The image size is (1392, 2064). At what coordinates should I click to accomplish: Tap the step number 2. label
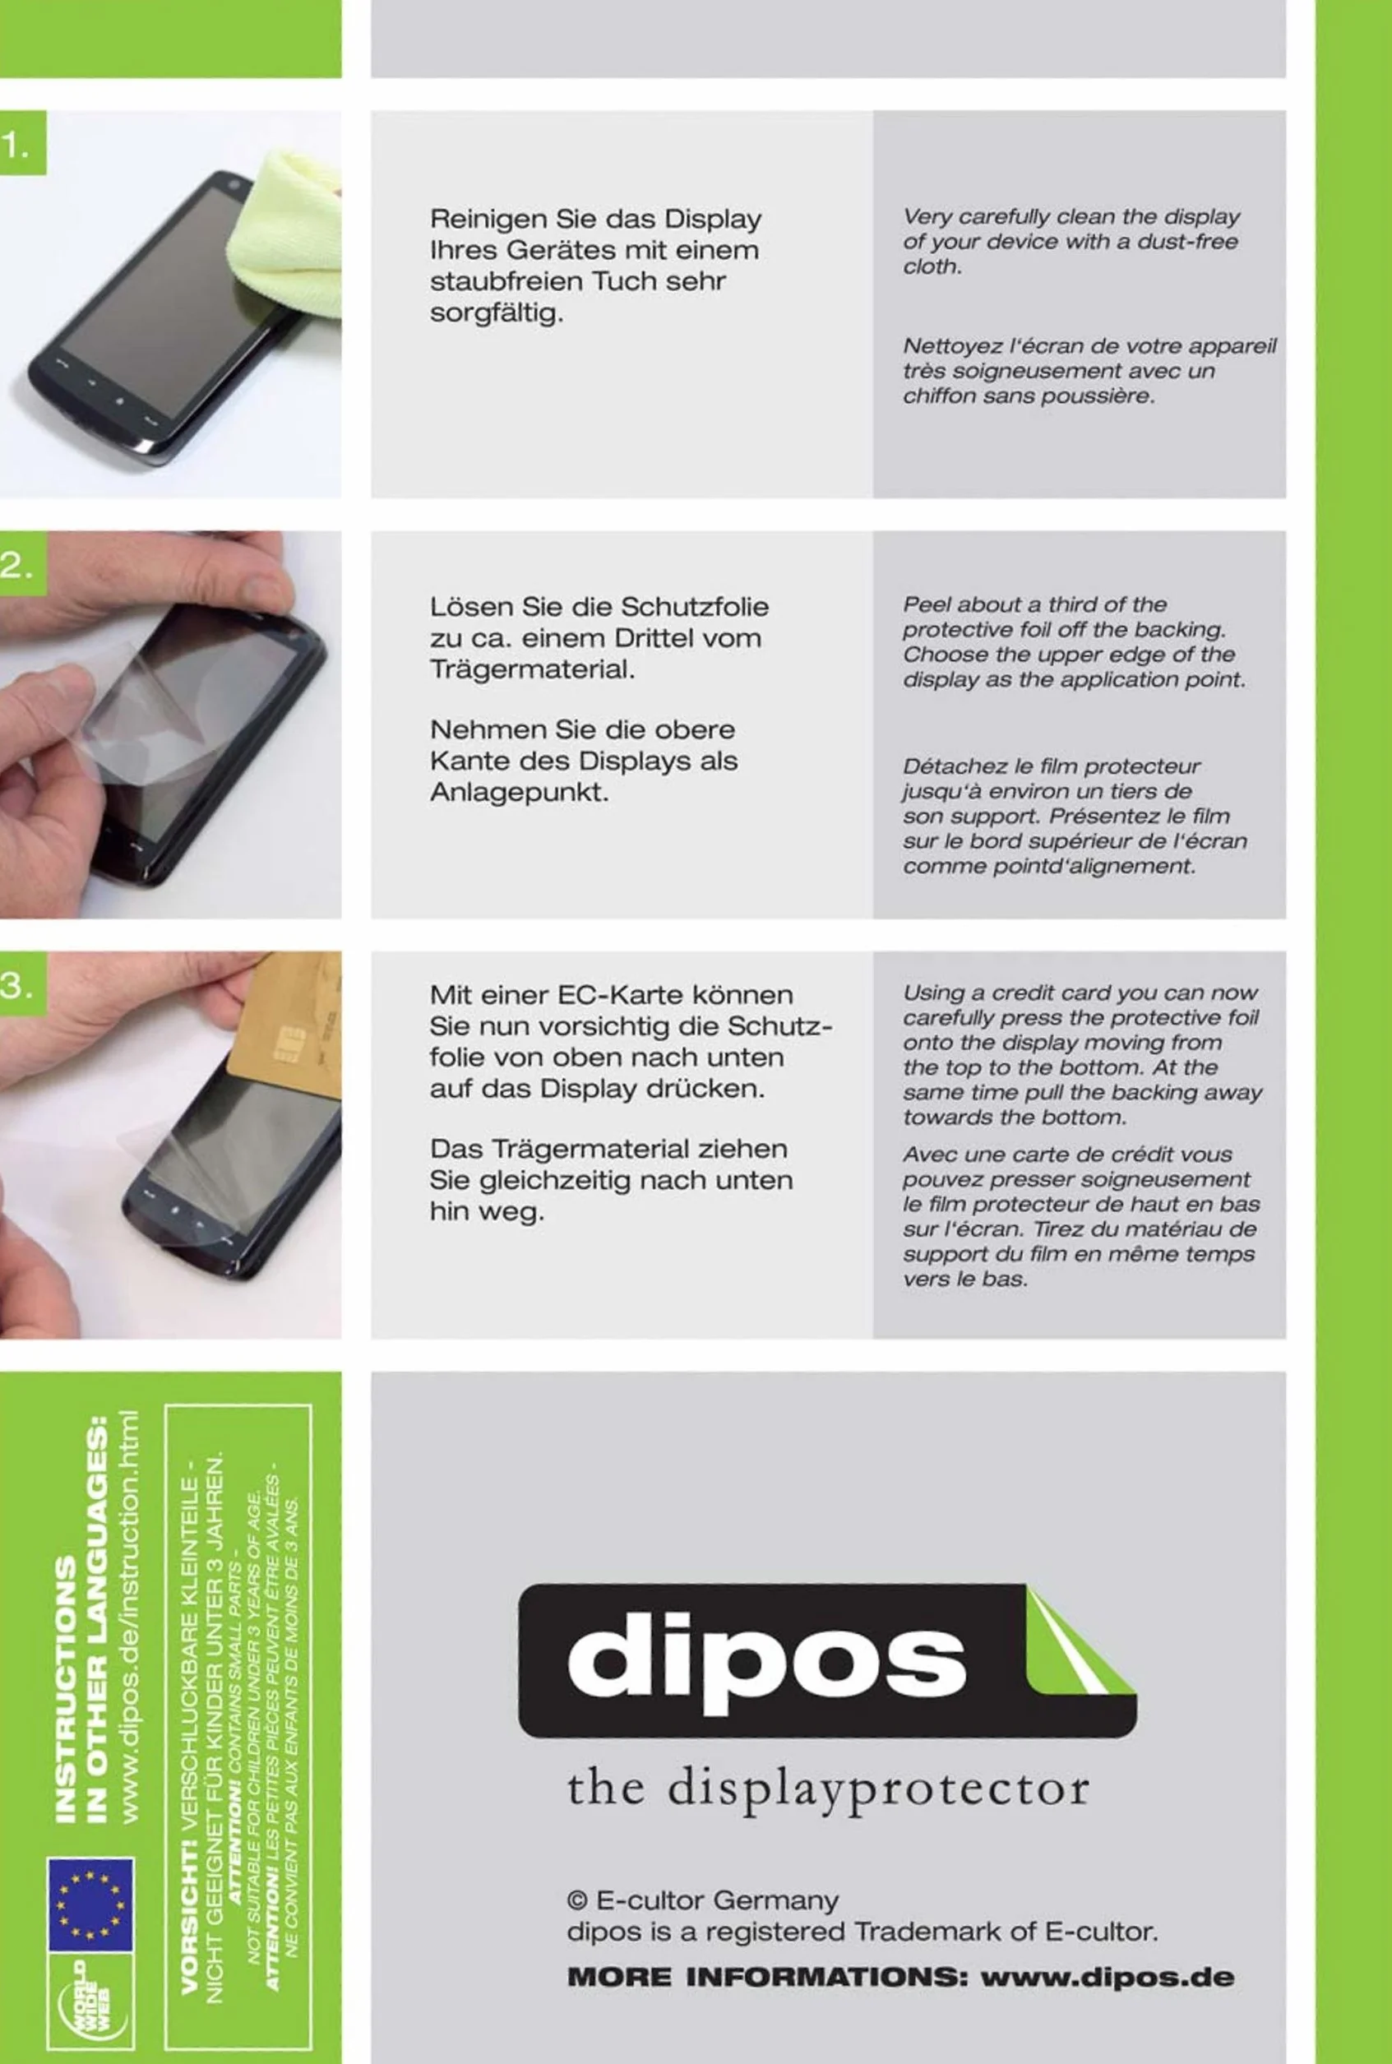[16, 566]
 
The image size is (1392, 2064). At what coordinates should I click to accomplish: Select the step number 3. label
[16, 985]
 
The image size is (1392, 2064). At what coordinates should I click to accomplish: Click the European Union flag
[90, 1904]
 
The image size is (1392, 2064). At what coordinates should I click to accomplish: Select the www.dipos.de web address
[1107, 1978]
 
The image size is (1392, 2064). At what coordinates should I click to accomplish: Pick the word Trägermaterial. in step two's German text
[533, 669]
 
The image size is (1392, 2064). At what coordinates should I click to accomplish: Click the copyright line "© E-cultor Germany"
[702, 1900]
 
